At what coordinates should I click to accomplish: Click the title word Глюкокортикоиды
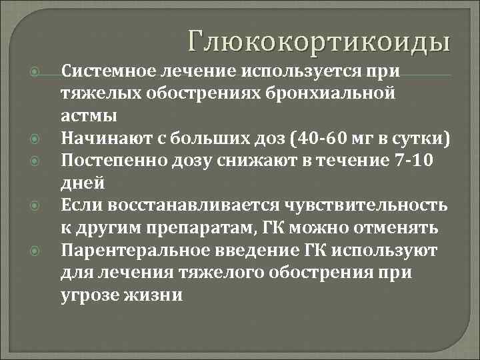point(319,41)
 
